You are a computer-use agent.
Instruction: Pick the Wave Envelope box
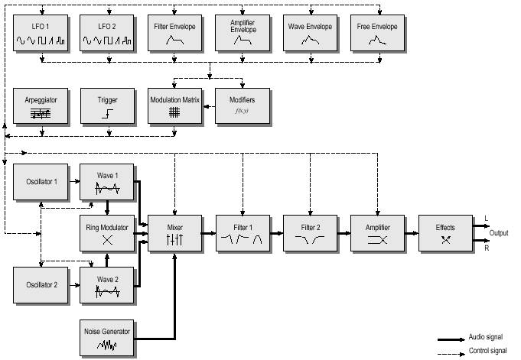pyautogui.click(x=310, y=33)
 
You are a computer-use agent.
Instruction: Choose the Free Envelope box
pyautogui.click(x=377, y=33)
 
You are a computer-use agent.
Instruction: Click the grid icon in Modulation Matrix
pyautogui.click(x=174, y=113)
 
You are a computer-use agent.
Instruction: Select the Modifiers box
pyautogui.click(x=242, y=106)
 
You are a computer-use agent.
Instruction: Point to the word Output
pyautogui.click(x=500, y=233)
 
